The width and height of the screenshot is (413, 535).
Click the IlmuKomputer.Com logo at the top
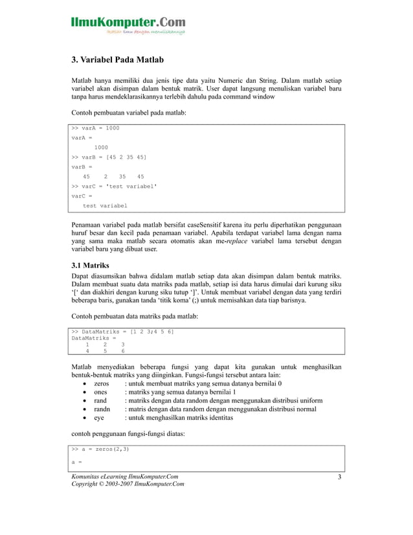[x=128, y=25]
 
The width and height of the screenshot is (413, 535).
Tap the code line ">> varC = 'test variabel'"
[x=115, y=186]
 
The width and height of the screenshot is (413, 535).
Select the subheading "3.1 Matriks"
[x=90, y=266]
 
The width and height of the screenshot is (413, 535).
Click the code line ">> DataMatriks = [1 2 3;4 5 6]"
[x=122, y=332]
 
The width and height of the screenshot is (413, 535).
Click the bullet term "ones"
[x=100, y=392]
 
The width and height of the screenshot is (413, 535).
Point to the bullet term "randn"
[x=102, y=409]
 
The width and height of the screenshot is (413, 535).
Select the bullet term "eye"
[x=99, y=418]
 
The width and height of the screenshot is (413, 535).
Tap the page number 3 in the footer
[x=339, y=478]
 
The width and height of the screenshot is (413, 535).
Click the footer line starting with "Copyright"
[x=127, y=485]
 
